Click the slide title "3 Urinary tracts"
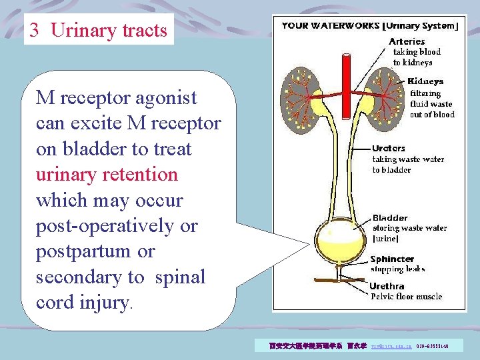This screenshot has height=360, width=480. [x=99, y=31]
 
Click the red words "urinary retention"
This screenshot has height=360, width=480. [x=107, y=175]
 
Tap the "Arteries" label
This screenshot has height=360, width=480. [x=407, y=41]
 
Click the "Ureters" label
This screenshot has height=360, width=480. [x=389, y=148]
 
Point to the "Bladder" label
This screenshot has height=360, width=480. [x=390, y=218]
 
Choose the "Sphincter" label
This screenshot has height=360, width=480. [x=392, y=259]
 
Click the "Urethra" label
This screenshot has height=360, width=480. [x=387, y=286]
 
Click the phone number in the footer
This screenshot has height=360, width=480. [x=432, y=347]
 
